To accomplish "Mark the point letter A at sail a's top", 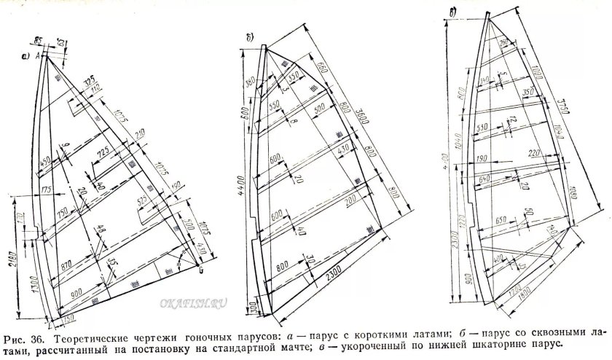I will click(36, 55).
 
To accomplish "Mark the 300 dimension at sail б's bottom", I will click(248, 300).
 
